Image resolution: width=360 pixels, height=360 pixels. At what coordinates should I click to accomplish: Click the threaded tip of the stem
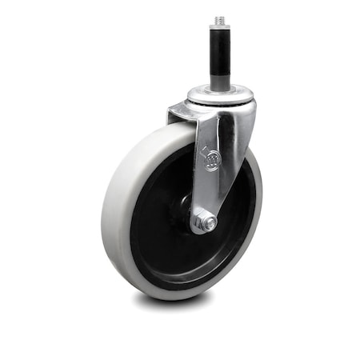point(221,19)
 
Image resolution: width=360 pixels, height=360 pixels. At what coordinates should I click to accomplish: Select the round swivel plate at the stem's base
point(221,95)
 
